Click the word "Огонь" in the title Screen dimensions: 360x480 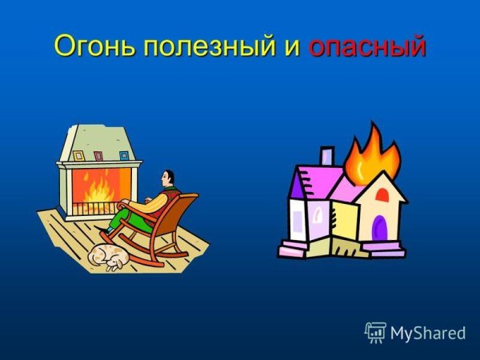[x=94, y=46]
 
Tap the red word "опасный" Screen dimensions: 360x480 [x=366, y=46]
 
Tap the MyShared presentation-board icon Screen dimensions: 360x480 [x=375, y=331]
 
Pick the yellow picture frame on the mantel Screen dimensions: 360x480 [x=78, y=154]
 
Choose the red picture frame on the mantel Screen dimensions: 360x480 [x=98, y=154]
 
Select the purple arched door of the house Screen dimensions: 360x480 [x=380, y=230]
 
